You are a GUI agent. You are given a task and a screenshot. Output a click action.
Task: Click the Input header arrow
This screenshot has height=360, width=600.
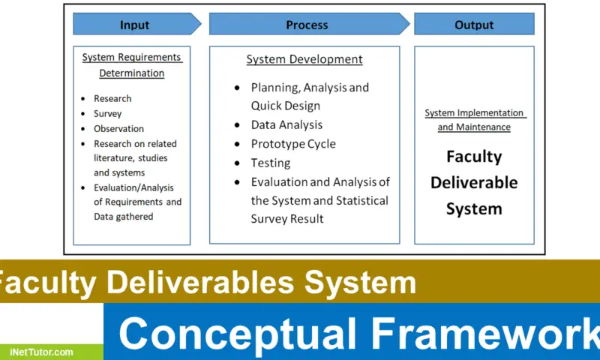(x=135, y=25)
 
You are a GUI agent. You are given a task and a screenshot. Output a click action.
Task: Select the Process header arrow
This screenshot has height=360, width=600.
(x=307, y=25)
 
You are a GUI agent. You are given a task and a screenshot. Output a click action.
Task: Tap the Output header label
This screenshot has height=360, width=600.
(x=474, y=25)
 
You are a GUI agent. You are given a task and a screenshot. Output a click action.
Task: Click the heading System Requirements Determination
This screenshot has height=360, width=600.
(x=132, y=64)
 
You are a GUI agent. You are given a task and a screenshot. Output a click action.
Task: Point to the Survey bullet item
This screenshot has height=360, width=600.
(x=107, y=113)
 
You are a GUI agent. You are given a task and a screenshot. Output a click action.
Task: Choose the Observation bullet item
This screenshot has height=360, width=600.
(x=118, y=128)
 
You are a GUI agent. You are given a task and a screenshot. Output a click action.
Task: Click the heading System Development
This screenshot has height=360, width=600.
(x=304, y=59)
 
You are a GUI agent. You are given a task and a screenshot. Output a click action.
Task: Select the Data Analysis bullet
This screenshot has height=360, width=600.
(x=286, y=124)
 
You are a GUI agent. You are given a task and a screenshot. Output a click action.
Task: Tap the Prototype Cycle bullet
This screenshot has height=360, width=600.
(x=293, y=144)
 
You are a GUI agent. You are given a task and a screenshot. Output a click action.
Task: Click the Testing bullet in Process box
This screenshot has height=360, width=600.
(x=271, y=163)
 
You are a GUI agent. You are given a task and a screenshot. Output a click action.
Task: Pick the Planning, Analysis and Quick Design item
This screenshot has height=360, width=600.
(x=309, y=97)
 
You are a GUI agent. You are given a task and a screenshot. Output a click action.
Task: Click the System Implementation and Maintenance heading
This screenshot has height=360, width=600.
(x=474, y=120)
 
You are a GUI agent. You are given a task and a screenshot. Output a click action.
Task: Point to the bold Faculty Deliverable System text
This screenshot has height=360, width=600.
(x=474, y=182)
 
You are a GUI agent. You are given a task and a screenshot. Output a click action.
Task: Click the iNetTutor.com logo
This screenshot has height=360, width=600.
(x=42, y=351)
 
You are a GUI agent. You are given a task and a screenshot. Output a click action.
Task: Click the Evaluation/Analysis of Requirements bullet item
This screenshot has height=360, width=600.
(x=137, y=202)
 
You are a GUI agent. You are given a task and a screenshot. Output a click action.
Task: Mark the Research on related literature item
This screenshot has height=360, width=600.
(x=135, y=158)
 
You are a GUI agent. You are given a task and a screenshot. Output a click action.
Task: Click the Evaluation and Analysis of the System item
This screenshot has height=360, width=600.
(x=319, y=200)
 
